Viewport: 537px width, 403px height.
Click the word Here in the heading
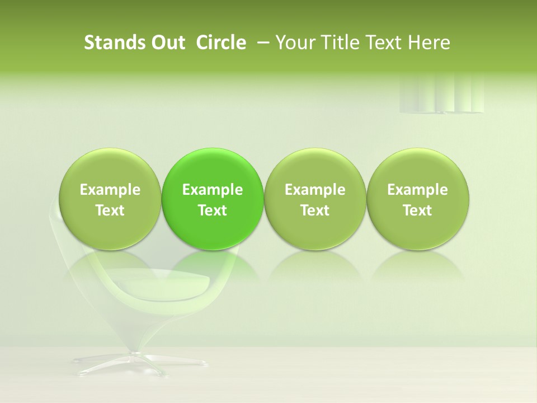pyautogui.click(x=430, y=43)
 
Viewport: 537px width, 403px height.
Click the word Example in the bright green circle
pyautogui.click(x=213, y=190)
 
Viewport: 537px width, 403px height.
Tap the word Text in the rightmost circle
pyautogui.click(x=417, y=210)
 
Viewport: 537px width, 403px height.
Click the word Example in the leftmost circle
pyautogui.click(x=110, y=190)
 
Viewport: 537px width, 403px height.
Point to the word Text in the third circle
pyautogui.click(x=315, y=210)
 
